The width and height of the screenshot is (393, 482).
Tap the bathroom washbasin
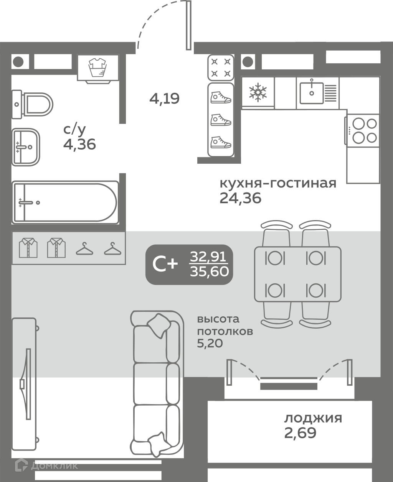click(x=26, y=147)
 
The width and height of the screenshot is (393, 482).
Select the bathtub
click(x=65, y=202)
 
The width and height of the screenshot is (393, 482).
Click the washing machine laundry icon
click(x=97, y=67)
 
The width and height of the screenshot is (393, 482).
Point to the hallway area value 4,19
click(x=164, y=99)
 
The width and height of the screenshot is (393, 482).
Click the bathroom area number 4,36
click(x=79, y=145)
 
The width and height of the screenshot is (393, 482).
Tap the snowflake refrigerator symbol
click(x=258, y=92)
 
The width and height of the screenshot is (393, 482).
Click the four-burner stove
click(x=363, y=131)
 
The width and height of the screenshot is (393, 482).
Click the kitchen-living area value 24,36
click(x=240, y=198)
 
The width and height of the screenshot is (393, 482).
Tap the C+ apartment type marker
click(x=165, y=264)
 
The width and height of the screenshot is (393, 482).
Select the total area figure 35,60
click(x=209, y=271)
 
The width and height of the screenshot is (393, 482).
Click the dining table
click(x=298, y=274)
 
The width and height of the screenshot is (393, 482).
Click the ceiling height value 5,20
click(x=210, y=344)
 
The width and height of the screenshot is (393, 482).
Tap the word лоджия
click(x=313, y=418)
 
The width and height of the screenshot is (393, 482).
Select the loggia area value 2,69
click(x=300, y=433)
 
